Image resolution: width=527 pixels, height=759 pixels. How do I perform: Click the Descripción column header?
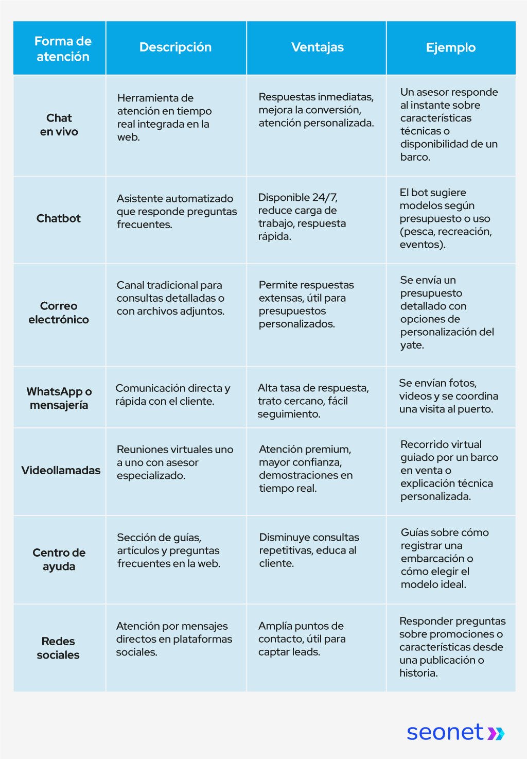[x=175, y=47]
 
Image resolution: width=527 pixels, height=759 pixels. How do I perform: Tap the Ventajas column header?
[x=318, y=47]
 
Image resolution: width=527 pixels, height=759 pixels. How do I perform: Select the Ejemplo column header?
[x=451, y=47]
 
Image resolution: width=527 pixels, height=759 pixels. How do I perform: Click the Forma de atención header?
[x=63, y=49]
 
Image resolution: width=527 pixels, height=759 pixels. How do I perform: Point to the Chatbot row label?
[x=59, y=218]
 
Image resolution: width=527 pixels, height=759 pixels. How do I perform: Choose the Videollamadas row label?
[x=61, y=470]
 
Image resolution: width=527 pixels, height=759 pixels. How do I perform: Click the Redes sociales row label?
[x=58, y=648]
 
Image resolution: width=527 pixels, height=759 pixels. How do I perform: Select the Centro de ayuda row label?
[x=59, y=559]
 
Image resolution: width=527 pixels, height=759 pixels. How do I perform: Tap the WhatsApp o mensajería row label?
[x=59, y=398]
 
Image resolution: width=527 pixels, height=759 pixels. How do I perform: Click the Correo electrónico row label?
[x=59, y=313]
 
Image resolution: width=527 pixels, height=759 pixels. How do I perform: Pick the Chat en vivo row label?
[x=59, y=125]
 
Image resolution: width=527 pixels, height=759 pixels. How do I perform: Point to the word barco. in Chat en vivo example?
[x=415, y=157]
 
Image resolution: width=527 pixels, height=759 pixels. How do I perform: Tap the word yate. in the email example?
[x=412, y=345]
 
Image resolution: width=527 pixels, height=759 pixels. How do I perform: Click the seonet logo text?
[x=445, y=732]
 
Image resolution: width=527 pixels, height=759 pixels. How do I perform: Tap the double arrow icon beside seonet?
[x=496, y=733]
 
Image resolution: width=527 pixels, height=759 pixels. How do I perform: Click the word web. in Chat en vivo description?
[x=128, y=137]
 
